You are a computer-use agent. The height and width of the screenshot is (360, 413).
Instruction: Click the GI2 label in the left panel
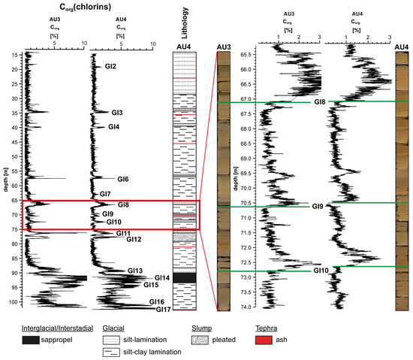coord(110,67)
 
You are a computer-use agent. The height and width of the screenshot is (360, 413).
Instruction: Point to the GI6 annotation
coord(123,179)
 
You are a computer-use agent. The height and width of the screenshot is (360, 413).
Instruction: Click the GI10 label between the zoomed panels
coord(321,271)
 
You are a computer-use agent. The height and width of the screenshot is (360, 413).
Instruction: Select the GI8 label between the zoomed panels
coord(320,101)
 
